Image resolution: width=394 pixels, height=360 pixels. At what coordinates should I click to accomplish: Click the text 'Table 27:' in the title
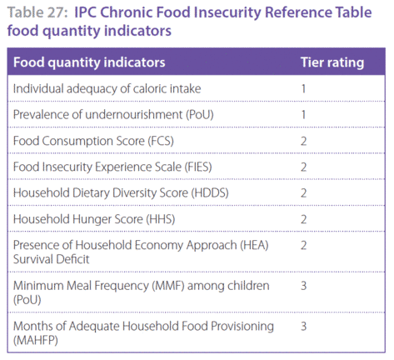37,12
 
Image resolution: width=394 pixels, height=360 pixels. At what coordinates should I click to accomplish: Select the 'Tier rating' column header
332,62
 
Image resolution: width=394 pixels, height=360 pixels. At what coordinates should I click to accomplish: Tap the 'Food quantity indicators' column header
89,62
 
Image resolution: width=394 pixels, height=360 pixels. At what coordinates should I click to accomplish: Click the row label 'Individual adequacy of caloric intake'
107,89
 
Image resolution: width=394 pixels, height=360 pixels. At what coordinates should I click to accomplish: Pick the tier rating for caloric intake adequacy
303,89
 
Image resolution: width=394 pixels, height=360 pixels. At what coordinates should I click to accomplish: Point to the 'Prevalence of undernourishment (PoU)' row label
113,115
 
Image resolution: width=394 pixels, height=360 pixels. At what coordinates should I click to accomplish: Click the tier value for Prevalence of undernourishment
303,115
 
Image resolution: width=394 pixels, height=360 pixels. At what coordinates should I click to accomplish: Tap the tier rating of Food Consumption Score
304,141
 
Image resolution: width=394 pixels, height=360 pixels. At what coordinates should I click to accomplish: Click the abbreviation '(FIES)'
197,167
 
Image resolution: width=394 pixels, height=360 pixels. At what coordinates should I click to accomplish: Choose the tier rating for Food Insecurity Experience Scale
304,167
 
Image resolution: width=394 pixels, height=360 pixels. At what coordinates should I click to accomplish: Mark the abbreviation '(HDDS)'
210,193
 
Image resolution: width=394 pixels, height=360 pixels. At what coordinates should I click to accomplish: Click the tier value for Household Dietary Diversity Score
304,193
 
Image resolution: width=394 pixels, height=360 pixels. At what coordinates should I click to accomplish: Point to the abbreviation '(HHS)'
161,219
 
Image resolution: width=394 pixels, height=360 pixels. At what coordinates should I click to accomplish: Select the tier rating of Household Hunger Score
304,219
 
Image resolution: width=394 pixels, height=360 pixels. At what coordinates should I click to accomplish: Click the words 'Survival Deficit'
52,259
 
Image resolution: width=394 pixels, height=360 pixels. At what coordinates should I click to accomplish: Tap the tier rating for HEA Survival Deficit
304,246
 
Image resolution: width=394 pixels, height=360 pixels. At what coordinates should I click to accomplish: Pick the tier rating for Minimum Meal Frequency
304,286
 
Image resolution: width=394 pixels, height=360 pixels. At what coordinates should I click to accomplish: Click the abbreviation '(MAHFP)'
36,340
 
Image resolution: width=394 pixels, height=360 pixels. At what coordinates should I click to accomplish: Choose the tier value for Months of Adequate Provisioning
304,327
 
